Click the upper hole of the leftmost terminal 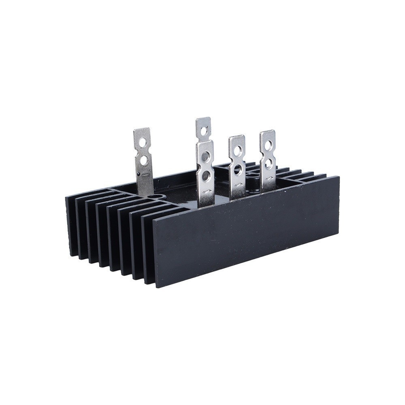click(x=143, y=141)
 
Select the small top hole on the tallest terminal click(x=203, y=130)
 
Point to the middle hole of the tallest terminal click(x=206, y=156)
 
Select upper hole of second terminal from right click(x=237, y=150)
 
